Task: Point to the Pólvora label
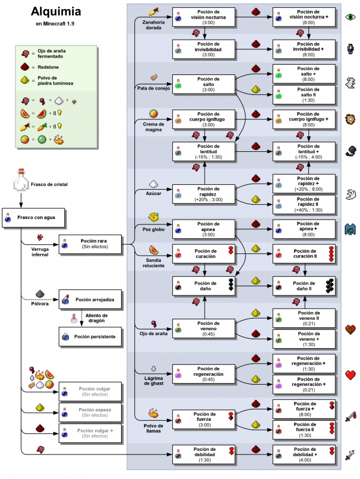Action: pos(41,303)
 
